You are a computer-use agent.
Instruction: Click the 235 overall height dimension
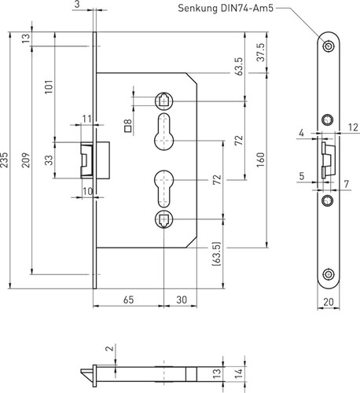coord(5,160)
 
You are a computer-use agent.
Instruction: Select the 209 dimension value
coord(26,160)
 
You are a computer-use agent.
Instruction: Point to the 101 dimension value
coord(49,87)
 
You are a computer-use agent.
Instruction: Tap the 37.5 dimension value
coord(261,53)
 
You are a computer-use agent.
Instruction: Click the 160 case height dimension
coord(261,160)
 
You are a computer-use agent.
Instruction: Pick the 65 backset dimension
coord(128,299)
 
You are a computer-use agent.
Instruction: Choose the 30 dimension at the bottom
coord(182,299)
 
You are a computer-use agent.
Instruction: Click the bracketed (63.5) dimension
coord(216,254)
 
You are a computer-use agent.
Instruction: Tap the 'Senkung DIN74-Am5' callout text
coord(226,9)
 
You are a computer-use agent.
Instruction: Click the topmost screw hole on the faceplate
coord(328,46)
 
